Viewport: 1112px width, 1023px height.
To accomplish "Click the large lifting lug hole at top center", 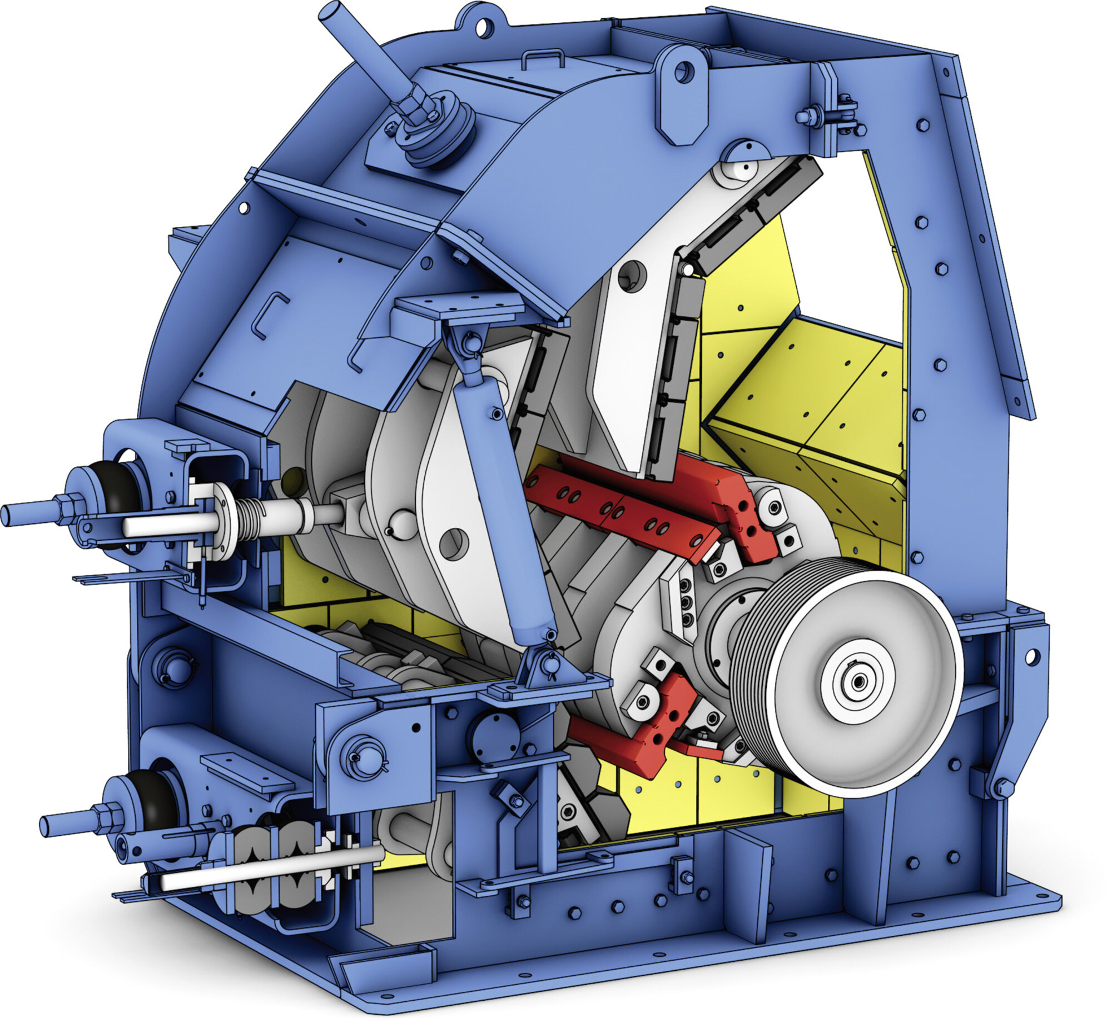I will point(683,72).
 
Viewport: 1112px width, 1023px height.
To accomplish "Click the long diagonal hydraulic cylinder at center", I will point(503,500).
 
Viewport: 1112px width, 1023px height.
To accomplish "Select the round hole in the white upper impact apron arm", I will point(632,276).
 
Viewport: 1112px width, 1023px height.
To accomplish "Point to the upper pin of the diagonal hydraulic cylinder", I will point(472,343).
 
